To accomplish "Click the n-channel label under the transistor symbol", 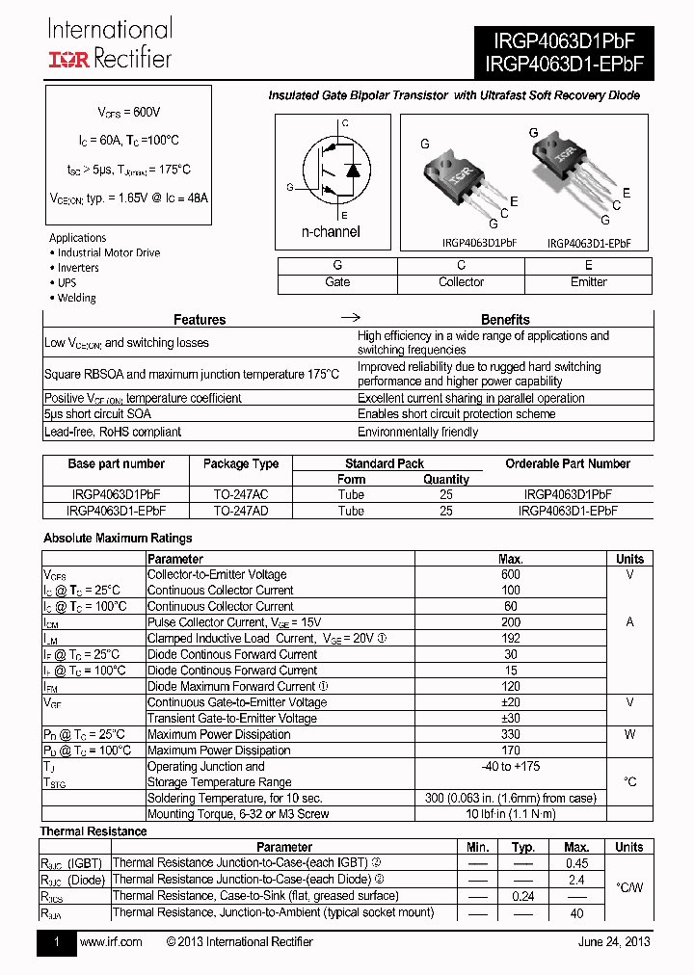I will click(x=331, y=231).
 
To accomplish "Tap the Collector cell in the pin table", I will click(x=461, y=282).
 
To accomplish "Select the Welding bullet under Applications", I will click(x=76, y=299).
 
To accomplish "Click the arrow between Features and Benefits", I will click(x=352, y=318).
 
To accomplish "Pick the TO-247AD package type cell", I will click(x=240, y=511).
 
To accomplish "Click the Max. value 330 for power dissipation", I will click(x=511, y=734).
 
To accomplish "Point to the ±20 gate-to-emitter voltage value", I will click(x=511, y=702).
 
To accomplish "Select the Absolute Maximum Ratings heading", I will click(x=118, y=539).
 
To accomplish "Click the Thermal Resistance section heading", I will click(x=93, y=831).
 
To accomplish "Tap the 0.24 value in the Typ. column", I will click(x=523, y=896).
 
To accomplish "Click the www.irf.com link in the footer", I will click(x=110, y=941).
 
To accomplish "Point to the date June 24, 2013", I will click(x=614, y=941).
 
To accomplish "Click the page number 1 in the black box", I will click(x=57, y=942).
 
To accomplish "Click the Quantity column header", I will click(x=446, y=479).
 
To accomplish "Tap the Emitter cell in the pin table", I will click(x=588, y=282).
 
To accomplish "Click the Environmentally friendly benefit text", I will click(x=417, y=432).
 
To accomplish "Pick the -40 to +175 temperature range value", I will click(x=511, y=766).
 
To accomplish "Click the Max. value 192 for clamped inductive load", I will click(x=511, y=638).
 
